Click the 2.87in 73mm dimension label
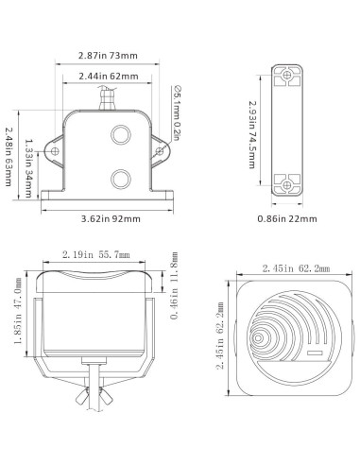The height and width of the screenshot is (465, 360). (x=108, y=56)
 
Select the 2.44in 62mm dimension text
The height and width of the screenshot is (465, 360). (x=108, y=75)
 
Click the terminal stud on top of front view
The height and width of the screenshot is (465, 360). (x=108, y=95)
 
